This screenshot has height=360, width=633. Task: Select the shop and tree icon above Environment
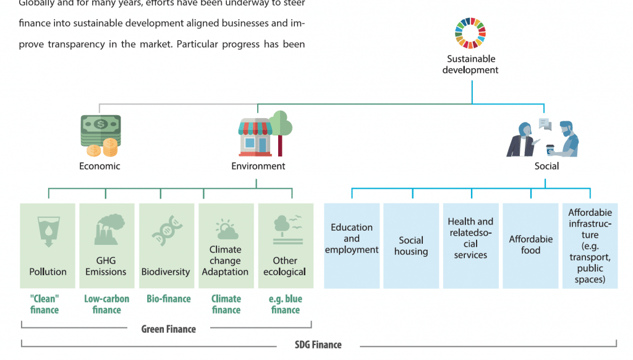point(265,134)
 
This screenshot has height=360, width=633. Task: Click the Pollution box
point(48,246)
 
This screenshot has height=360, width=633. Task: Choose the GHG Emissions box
point(107,246)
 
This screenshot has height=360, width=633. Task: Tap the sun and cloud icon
point(225,230)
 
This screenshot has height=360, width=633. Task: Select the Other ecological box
point(285,246)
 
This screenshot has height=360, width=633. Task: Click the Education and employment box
point(352,246)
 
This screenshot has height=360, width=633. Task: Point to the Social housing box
point(411,246)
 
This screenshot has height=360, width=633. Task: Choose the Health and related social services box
point(470,246)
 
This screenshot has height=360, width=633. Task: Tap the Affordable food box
point(530,246)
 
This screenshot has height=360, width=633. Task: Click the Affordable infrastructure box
point(590,246)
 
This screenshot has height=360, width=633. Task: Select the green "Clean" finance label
point(45,304)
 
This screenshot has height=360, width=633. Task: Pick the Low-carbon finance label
point(106,304)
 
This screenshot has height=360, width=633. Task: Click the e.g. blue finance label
point(285,304)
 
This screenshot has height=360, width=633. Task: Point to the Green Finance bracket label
point(168,329)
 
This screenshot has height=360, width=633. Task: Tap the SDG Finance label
point(318,345)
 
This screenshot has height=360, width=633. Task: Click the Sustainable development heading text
point(471,64)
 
